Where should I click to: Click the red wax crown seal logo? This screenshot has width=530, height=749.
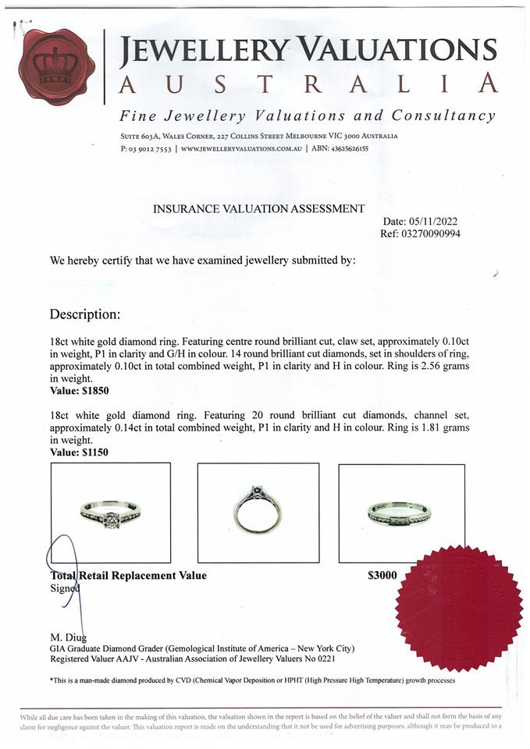pyautogui.click(x=56, y=66)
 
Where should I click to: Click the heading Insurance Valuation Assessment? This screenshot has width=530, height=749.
pyautogui.click(x=258, y=208)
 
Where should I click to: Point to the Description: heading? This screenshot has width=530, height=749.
pyautogui.click(x=85, y=314)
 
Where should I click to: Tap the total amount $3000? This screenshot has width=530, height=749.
pyautogui.click(x=382, y=576)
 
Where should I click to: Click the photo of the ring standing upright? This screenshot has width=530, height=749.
pyautogui.click(x=258, y=512)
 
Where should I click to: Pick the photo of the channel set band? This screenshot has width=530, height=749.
pyautogui.click(x=400, y=513)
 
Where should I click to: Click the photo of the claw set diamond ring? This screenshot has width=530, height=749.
pyautogui.click(x=110, y=513)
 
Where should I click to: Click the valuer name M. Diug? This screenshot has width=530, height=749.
pyautogui.click(x=69, y=637)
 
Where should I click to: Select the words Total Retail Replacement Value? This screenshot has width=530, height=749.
pyautogui.click(x=129, y=576)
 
